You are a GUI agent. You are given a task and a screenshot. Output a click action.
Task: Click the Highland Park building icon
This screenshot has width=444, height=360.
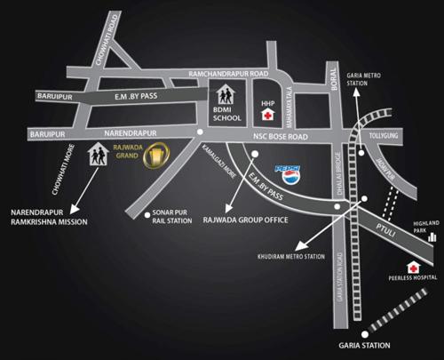432,236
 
